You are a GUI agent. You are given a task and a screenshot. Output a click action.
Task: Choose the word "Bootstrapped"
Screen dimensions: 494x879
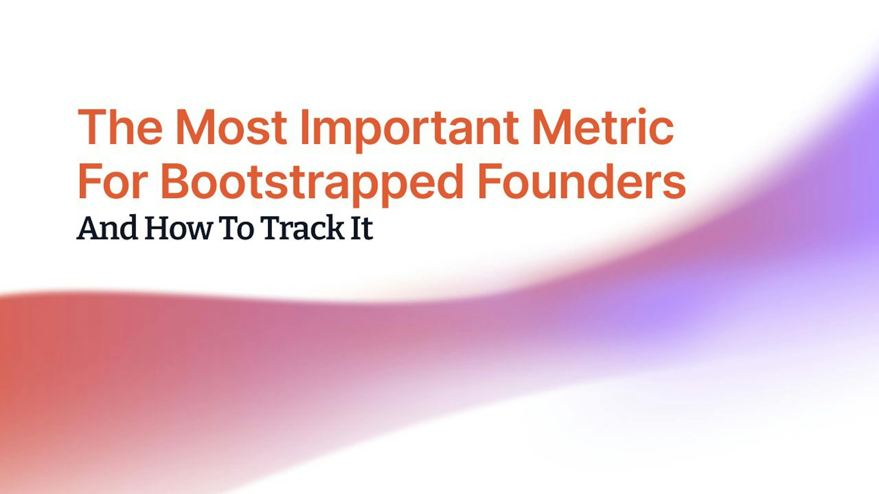pyautogui.click(x=312, y=184)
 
